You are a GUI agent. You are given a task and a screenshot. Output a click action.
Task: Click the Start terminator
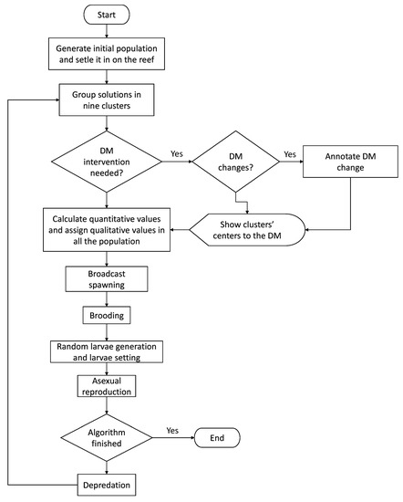[107, 16]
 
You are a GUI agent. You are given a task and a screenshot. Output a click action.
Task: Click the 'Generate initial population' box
[107, 53]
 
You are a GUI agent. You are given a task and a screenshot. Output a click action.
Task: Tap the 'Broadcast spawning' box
[107, 278]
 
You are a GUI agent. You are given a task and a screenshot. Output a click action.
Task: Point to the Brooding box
[107, 316]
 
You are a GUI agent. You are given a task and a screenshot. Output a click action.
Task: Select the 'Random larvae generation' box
[107, 353]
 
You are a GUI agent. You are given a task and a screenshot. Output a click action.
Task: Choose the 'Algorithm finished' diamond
[107, 437]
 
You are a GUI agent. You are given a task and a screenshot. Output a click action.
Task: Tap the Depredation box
[107, 483]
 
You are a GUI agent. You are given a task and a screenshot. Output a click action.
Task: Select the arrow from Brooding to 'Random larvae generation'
[107, 333]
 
